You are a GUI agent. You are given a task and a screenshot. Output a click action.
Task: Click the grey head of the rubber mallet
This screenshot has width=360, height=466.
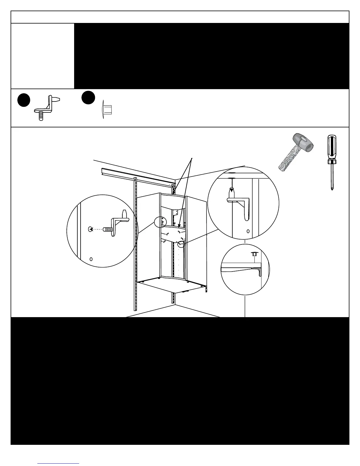click(x=303, y=143)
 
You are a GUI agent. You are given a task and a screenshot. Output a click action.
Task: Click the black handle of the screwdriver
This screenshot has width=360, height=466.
click(x=332, y=147)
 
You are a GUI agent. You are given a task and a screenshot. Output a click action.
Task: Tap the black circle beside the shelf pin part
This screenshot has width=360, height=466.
click(x=24, y=100)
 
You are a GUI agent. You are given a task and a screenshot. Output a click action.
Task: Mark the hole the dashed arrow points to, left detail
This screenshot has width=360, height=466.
click(x=90, y=229)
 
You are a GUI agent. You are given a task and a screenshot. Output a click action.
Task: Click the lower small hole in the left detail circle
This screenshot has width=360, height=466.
click(x=91, y=259)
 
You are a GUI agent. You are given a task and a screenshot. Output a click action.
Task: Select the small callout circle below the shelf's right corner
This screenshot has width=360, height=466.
click(x=181, y=244)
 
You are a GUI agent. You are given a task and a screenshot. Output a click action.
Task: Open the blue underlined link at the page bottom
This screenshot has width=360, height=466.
click(x=58, y=463)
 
